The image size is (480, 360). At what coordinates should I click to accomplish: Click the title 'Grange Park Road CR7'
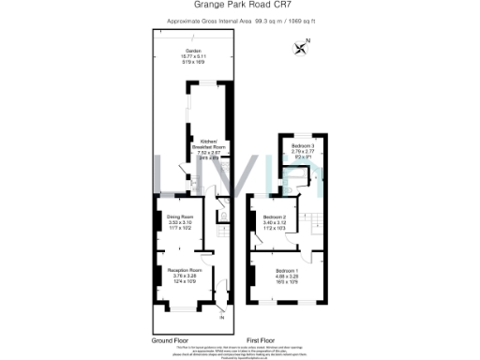click(x=239, y=6)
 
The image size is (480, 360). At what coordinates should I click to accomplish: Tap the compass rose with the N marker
click(x=301, y=45)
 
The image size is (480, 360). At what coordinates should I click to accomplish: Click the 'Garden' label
click(x=193, y=52)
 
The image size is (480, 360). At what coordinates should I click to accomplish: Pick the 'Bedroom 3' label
click(x=302, y=147)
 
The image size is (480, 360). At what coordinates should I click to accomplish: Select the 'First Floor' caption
click(x=260, y=339)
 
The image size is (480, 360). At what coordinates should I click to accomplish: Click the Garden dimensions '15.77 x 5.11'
click(x=193, y=58)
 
